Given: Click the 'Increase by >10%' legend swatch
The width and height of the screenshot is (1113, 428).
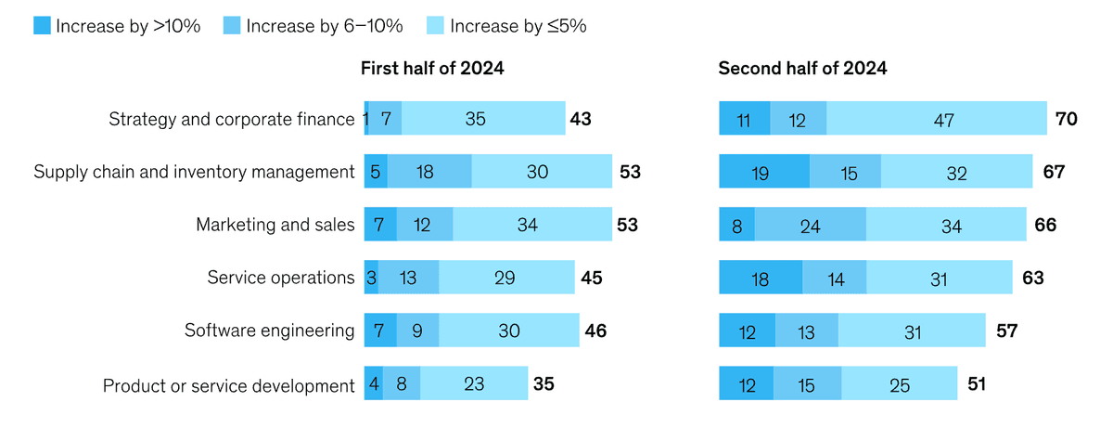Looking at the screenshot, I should [x=41, y=26].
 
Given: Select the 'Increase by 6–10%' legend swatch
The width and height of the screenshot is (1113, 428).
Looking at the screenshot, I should [x=232, y=26].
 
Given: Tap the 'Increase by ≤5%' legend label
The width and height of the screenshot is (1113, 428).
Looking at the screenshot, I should [x=518, y=26].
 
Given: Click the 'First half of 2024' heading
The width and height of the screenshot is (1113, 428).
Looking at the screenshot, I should [x=432, y=69].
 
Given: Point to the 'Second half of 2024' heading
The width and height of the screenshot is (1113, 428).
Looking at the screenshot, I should [x=802, y=69].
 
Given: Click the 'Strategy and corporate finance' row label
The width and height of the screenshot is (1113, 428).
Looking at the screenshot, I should [x=232, y=119].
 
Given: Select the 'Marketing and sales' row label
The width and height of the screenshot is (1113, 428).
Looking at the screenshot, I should [x=275, y=225].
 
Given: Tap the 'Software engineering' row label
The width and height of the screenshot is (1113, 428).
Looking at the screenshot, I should [x=269, y=331].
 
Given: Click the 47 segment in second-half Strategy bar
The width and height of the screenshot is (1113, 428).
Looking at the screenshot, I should [x=937, y=119].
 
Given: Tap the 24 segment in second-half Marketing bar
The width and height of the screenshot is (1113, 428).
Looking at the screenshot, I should [x=810, y=225].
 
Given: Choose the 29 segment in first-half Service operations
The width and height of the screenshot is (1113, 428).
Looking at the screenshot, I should [x=506, y=278].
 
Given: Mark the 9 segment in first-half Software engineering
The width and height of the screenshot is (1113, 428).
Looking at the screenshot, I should [x=418, y=331].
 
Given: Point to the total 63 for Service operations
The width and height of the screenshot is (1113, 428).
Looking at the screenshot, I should [x=1034, y=278].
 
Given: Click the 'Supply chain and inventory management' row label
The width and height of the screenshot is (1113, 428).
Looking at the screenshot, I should [x=195, y=172].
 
